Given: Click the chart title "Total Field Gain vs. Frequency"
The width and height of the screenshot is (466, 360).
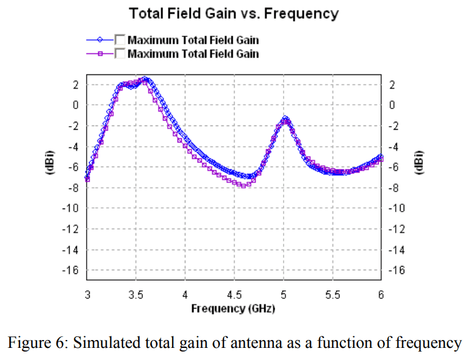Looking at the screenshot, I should pyautogui.click(x=233, y=13).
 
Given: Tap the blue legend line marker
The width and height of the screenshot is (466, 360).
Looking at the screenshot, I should pyautogui.click(x=100, y=40).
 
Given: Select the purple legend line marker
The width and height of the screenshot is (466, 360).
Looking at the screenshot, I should pyautogui.click(x=100, y=54).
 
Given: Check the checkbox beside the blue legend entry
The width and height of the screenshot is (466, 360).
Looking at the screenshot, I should pyautogui.click(x=120, y=40).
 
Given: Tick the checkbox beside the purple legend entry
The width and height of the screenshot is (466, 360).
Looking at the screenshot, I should pyautogui.click(x=120, y=54).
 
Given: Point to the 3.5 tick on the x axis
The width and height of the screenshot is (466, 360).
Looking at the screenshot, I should pyautogui.click(x=136, y=295).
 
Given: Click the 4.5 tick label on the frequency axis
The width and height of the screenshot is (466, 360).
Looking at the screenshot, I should pyautogui.click(x=235, y=295).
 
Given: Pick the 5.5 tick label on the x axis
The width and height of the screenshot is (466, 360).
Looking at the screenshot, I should pyautogui.click(x=333, y=295).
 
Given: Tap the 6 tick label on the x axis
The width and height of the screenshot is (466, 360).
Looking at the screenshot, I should pyautogui.click(x=381, y=295).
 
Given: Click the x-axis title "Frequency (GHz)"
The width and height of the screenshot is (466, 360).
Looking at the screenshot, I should pyautogui.click(x=233, y=308).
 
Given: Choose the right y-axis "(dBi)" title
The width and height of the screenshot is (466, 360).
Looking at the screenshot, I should pyautogui.click(x=418, y=162).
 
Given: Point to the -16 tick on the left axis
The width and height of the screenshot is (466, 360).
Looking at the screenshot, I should pyautogui.click(x=72, y=270).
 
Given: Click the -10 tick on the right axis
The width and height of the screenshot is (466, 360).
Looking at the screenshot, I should pyautogui.click(x=395, y=208).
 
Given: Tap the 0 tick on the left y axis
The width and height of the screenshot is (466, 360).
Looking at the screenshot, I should pyautogui.click(x=76, y=105).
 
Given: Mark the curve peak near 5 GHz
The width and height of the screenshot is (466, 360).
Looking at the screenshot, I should pyautogui.click(x=285, y=118).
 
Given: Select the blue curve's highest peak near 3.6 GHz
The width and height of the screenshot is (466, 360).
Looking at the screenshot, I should pyautogui.click(x=145, y=79).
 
